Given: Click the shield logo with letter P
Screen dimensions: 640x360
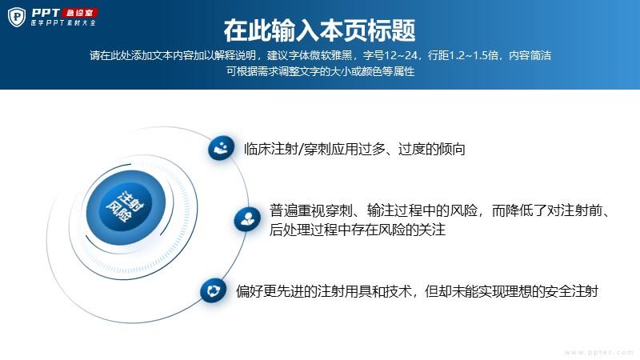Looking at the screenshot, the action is click(x=17, y=17).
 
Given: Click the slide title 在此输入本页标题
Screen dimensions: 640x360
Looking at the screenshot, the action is click(x=319, y=30).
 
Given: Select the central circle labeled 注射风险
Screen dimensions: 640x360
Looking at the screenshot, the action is click(x=126, y=207).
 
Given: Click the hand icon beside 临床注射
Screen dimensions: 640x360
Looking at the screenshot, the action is click(x=221, y=148).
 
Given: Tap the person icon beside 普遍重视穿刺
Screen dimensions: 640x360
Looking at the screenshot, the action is click(x=247, y=219).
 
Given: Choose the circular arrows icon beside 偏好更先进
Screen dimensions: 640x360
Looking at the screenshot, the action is click(x=213, y=290).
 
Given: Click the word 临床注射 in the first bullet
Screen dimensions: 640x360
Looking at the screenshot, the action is click(x=271, y=149).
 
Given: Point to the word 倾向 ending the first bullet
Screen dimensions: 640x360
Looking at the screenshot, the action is click(x=451, y=149).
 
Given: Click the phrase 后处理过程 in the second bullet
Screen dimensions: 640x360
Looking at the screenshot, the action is click(x=303, y=230).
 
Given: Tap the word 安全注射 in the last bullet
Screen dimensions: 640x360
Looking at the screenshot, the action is click(x=571, y=291).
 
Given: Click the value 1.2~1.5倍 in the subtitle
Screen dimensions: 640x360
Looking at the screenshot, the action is click(x=474, y=55).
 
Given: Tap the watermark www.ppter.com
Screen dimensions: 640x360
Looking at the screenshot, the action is click(x=598, y=352).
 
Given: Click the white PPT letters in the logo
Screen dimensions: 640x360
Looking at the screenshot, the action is click(x=46, y=13).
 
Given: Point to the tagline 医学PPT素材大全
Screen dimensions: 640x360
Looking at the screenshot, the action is click(x=63, y=23).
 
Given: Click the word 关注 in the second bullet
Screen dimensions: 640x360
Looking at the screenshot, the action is click(x=432, y=230).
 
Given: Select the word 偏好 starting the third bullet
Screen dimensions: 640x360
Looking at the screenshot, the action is click(x=250, y=291).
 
